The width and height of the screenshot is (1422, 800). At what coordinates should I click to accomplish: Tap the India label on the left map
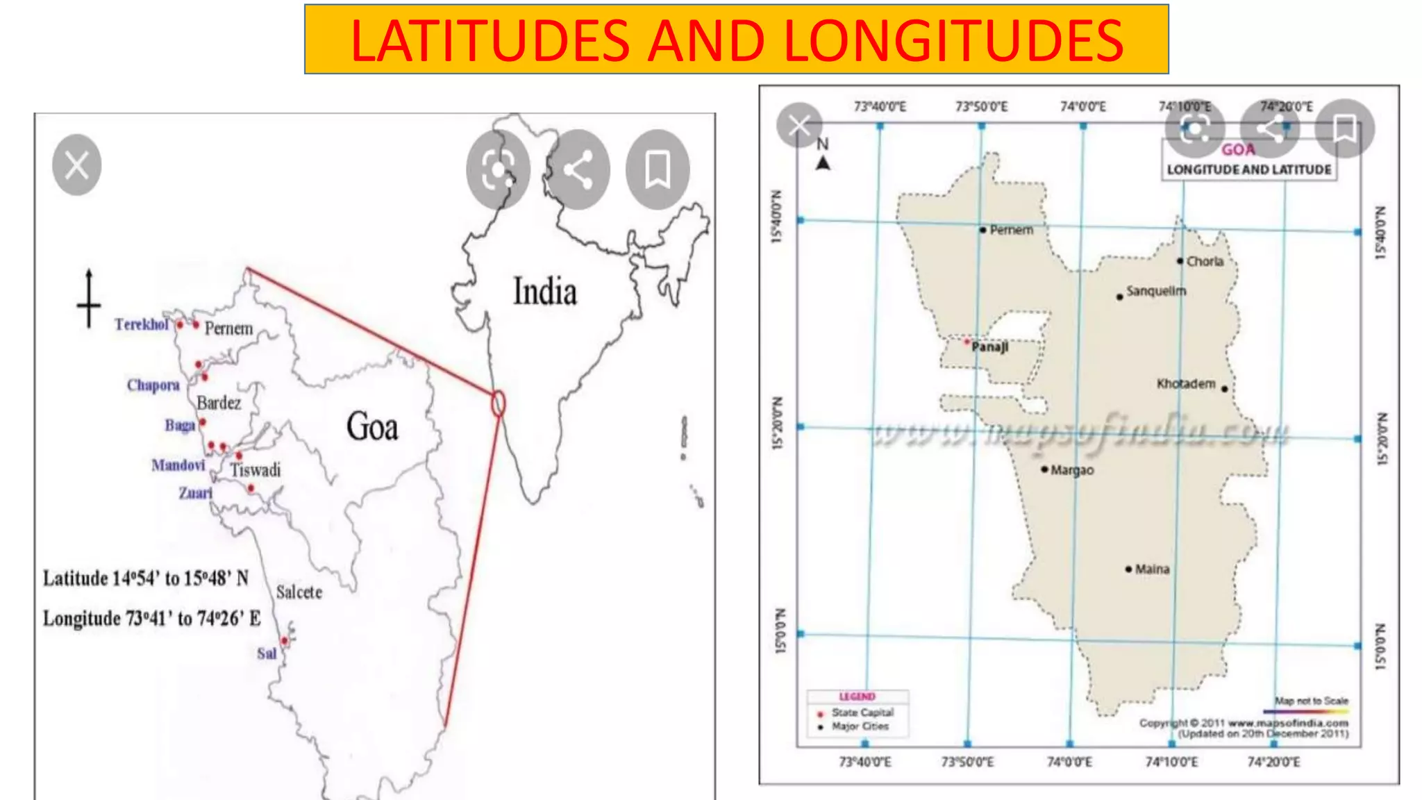[x=545, y=292]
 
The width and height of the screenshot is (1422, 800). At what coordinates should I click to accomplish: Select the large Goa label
[x=372, y=426]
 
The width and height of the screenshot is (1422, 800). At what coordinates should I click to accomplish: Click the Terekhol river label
[x=142, y=324]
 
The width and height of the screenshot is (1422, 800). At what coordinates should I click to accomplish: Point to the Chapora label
[x=153, y=385]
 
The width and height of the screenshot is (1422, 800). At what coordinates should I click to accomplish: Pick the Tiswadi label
[x=256, y=470]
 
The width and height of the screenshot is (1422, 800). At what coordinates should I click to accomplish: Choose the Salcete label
[x=299, y=592]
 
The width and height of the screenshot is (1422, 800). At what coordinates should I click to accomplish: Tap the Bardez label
[x=219, y=403]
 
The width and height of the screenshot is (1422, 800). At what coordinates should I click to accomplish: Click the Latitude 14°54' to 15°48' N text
[x=146, y=578]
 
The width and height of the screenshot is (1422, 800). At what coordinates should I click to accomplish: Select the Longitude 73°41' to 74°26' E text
[x=152, y=618]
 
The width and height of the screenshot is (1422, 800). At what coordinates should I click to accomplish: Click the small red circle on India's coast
[x=498, y=403]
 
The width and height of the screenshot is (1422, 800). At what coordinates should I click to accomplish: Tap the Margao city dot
[x=1044, y=469]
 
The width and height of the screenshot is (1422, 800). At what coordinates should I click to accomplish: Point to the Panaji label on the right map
[x=990, y=347]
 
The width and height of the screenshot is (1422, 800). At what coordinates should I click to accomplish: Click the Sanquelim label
[x=1156, y=290]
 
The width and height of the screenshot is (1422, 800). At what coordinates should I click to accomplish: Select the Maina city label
[x=1152, y=569]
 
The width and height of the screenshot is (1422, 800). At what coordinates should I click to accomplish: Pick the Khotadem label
[x=1186, y=383]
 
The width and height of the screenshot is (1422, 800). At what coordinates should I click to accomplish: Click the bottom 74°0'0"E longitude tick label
[x=1069, y=762]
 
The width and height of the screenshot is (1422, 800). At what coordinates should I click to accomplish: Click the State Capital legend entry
[x=862, y=712]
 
